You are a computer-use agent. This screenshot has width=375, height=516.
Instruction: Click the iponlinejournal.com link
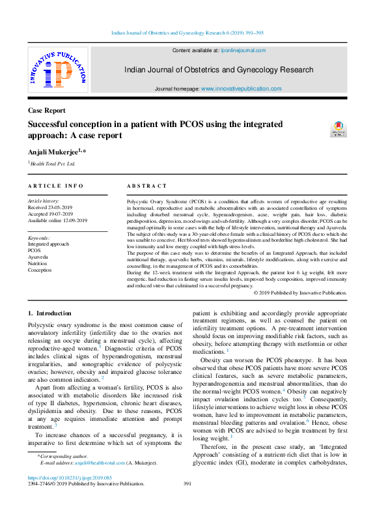point(242,50)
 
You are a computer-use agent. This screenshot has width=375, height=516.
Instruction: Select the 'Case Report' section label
point(47,111)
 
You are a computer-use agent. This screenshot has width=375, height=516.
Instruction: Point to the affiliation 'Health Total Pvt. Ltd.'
point(53,164)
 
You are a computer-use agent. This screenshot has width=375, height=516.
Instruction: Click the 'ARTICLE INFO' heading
point(56,186)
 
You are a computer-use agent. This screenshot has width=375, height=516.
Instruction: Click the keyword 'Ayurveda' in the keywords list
point(39,257)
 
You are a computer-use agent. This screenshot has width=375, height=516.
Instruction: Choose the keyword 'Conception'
point(40,269)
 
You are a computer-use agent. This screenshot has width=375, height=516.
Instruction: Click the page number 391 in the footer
point(187,484)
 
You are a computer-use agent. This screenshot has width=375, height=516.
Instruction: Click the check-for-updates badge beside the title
point(339,128)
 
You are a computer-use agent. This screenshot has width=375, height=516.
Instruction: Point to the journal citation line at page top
point(187,31)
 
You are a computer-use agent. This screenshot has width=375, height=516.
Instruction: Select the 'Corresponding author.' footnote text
point(65,456)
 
